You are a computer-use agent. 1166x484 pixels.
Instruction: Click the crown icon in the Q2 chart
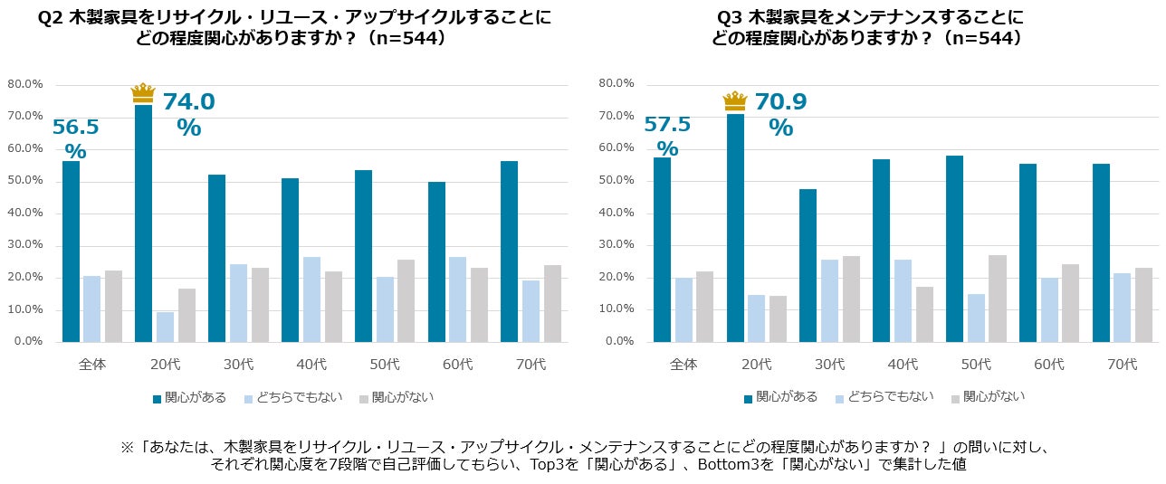click(x=143, y=92)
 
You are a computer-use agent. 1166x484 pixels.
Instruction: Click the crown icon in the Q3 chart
click(x=735, y=101)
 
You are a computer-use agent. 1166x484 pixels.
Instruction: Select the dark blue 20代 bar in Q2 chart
click(x=143, y=223)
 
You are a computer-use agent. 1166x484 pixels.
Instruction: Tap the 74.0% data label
click(x=188, y=115)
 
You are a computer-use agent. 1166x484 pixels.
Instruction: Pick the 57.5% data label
click(x=667, y=135)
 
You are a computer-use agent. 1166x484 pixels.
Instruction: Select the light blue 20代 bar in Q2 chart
click(x=165, y=327)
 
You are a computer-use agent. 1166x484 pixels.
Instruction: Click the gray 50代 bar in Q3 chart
click(x=998, y=299)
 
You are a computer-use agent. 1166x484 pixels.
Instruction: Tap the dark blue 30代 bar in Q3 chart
click(x=808, y=265)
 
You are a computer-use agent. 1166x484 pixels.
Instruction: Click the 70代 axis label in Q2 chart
click(x=530, y=365)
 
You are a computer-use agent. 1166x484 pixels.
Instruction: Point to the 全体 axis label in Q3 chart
click(x=683, y=365)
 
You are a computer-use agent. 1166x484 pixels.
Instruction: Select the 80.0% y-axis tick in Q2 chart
click(x=25, y=84)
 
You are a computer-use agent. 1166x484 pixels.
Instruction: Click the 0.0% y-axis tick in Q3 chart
click(x=619, y=342)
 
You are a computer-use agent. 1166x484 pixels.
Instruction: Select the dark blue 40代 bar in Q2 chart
click(x=290, y=261)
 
